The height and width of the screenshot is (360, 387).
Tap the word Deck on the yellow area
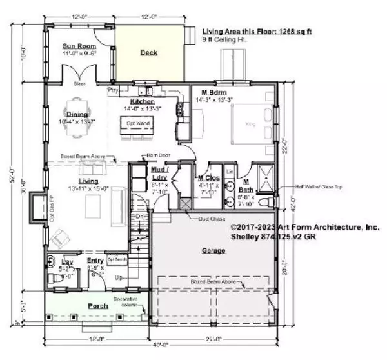point(149,54)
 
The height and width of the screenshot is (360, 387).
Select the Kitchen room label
point(142,102)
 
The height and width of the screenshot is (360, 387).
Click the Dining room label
point(77,114)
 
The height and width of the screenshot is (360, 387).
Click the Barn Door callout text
point(153,155)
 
